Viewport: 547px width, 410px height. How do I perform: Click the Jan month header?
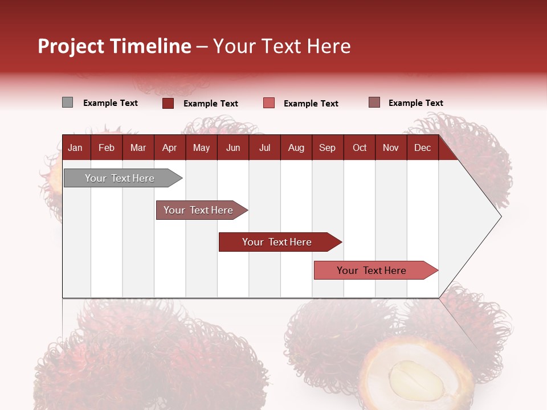[x=75, y=147]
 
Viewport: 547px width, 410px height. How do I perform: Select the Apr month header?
[x=169, y=147]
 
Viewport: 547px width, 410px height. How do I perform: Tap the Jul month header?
[x=264, y=147]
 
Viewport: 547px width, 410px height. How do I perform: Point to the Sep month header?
[x=327, y=147]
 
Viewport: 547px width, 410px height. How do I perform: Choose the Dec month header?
[x=422, y=147]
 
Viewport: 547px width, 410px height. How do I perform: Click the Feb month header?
[x=107, y=147]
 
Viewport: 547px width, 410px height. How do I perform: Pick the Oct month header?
[x=360, y=147]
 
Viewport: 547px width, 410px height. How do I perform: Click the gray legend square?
[x=67, y=102]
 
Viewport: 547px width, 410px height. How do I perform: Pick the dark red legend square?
[x=168, y=103]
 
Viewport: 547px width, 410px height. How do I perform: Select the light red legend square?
[x=269, y=103]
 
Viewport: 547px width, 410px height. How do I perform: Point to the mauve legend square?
[x=374, y=102]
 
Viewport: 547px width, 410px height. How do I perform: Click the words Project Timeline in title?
[x=115, y=46]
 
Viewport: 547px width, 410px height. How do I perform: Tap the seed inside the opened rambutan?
[x=416, y=380]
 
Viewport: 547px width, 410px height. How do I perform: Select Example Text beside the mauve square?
[x=415, y=103]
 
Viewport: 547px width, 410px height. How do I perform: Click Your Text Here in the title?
[x=281, y=46]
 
